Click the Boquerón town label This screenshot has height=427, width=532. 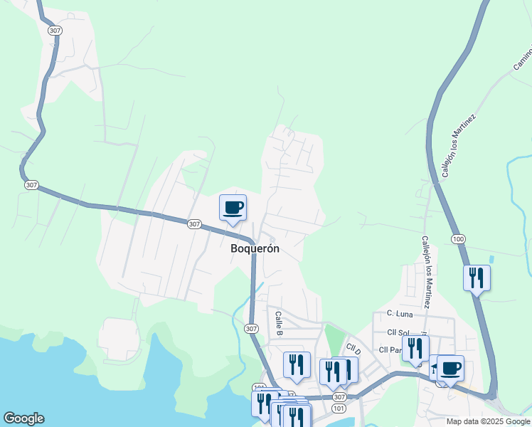[255, 249]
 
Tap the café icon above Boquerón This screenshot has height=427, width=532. [233, 208]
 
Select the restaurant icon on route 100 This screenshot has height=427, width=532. [476, 278]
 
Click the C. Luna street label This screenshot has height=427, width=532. [400, 313]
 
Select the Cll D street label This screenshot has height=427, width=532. [353, 350]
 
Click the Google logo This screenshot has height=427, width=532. [23, 418]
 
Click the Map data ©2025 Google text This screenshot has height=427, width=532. [489, 421]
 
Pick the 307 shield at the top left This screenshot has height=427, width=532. [54, 31]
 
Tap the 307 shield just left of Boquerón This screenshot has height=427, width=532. [194, 223]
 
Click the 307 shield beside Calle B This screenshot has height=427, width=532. [250, 328]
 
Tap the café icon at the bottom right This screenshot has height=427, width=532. [450, 368]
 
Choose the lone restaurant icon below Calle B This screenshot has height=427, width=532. [297, 365]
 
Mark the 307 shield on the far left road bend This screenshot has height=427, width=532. [31, 185]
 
